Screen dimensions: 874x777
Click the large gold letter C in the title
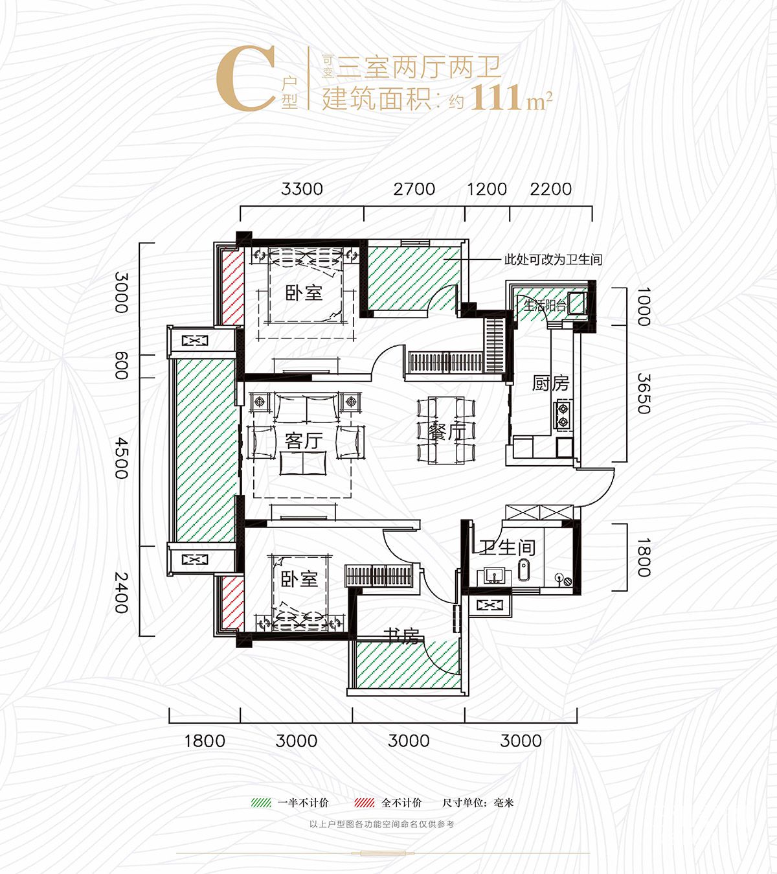[245, 80]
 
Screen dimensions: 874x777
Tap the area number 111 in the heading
[496, 98]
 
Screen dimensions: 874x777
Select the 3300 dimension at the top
[302, 189]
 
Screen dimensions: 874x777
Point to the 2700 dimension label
[414, 189]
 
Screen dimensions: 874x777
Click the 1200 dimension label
[486, 189]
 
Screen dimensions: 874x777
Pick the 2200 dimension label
[550, 189]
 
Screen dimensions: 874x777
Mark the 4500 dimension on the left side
[122, 458]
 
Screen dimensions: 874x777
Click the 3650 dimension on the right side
[643, 393]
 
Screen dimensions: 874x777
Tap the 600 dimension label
[122, 365]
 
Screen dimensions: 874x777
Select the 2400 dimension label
[122, 592]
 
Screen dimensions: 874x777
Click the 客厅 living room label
[304, 441]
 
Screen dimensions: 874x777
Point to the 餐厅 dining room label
[447, 431]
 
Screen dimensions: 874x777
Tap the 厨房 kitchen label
[550, 384]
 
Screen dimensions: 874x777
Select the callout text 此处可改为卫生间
[553, 260]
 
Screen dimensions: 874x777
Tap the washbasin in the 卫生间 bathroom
[493, 575]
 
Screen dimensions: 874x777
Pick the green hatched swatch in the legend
[261, 803]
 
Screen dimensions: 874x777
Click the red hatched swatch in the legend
[365, 803]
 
